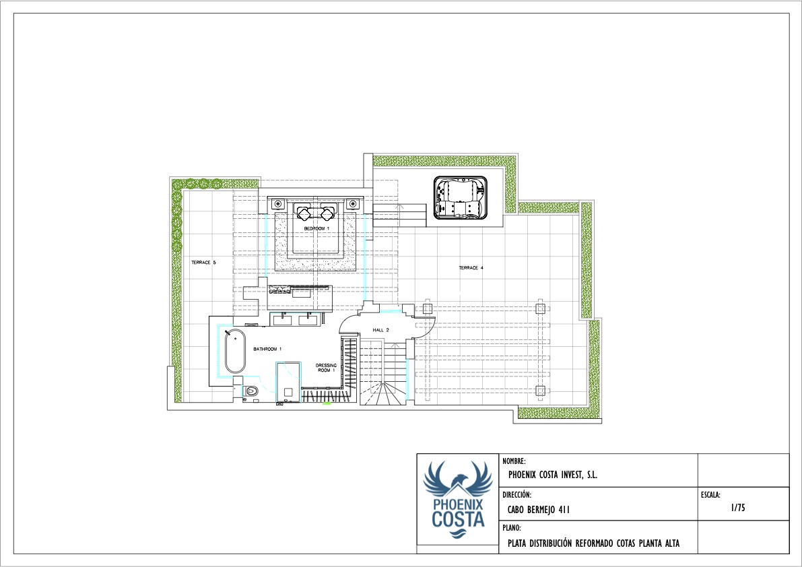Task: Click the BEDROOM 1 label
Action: pyautogui.click(x=316, y=228)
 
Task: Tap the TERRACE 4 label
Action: pyautogui.click(x=471, y=268)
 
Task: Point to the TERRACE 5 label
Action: pyautogui.click(x=203, y=262)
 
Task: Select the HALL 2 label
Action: pyautogui.click(x=380, y=330)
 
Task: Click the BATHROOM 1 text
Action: pyautogui.click(x=267, y=349)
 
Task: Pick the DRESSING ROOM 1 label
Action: pyautogui.click(x=326, y=368)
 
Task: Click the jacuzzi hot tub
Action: pyautogui.click(x=461, y=198)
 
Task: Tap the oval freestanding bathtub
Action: pyautogui.click(x=235, y=352)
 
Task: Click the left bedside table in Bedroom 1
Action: pyautogui.click(x=277, y=204)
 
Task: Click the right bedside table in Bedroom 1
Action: pyautogui.click(x=352, y=204)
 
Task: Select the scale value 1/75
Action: pyautogui.click(x=738, y=508)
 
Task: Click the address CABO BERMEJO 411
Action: pyautogui.click(x=539, y=510)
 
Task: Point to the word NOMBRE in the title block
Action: pyautogui.click(x=514, y=461)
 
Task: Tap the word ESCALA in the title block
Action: pyautogui.click(x=710, y=494)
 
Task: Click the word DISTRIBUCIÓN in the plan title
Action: pyautogui.click(x=550, y=543)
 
